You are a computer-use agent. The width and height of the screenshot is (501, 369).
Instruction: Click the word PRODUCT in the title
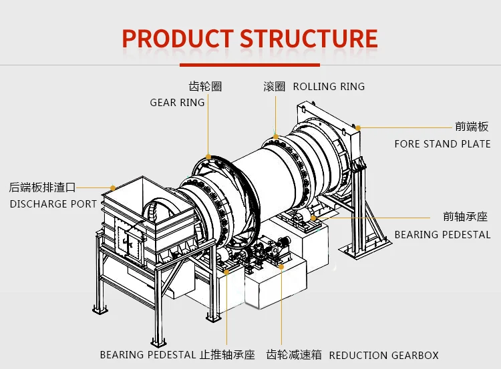point(178,38)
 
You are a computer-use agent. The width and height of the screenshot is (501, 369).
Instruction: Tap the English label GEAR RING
point(177,103)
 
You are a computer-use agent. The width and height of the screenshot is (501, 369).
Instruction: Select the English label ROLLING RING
point(329,87)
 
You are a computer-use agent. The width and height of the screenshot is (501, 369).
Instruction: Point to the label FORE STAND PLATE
point(442,144)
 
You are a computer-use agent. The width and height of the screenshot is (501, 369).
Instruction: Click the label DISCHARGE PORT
point(53,204)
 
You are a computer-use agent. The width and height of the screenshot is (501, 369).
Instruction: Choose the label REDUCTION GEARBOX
point(384,356)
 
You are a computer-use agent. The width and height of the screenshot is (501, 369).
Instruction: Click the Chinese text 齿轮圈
point(205,87)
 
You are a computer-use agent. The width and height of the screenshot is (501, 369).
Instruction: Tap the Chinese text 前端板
point(472,127)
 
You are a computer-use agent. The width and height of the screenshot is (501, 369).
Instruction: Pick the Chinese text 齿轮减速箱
point(294,356)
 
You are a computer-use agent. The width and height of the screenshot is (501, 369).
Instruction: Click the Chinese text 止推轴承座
point(228,356)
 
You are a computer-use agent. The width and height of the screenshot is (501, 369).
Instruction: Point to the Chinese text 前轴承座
point(466,217)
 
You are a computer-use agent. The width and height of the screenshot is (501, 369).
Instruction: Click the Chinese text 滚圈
point(275,87)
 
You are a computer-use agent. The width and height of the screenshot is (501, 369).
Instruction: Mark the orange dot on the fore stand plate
point(358,127)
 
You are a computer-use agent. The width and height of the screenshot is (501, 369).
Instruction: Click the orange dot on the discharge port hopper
point(114,188)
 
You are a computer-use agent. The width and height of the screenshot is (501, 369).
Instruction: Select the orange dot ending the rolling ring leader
point(275,135)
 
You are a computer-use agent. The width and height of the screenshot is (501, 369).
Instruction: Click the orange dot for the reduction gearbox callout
point(282,266)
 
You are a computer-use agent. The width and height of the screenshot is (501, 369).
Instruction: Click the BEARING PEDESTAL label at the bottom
point(148,356)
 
